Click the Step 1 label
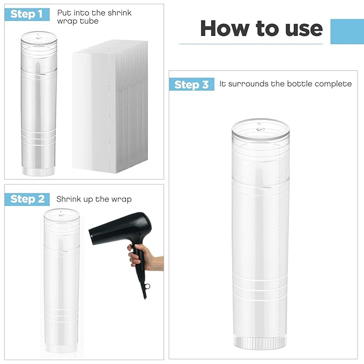coord(27,14)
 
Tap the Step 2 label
coord(27,199)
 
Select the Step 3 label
coord(191,85)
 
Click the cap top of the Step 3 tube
coord(260,129)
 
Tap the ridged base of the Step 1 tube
coord(39,170)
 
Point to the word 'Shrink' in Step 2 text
coord(68,199)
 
